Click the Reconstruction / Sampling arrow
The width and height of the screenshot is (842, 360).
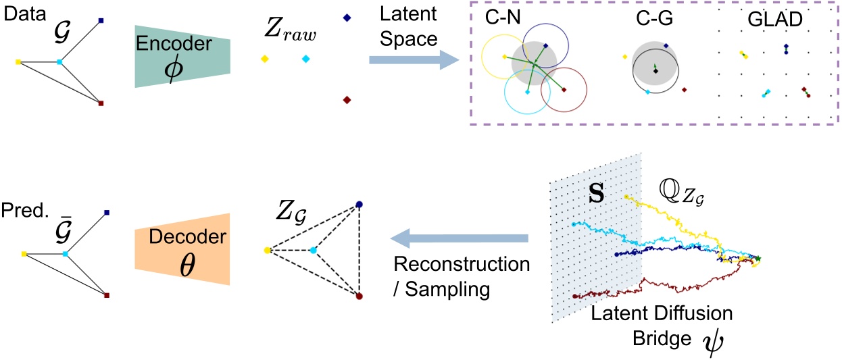[x=460, y=237]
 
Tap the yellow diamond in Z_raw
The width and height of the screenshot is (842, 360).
[x=263, y=59]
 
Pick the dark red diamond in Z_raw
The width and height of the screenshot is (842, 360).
[x=347, y=100]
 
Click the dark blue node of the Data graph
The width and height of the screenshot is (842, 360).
[x=101, y=21]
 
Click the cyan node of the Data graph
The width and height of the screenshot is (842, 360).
[x=59, y=61]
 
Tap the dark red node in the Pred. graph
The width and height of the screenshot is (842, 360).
[x=107, y=295]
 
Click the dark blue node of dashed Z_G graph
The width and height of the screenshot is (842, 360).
[x=359, y=204]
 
